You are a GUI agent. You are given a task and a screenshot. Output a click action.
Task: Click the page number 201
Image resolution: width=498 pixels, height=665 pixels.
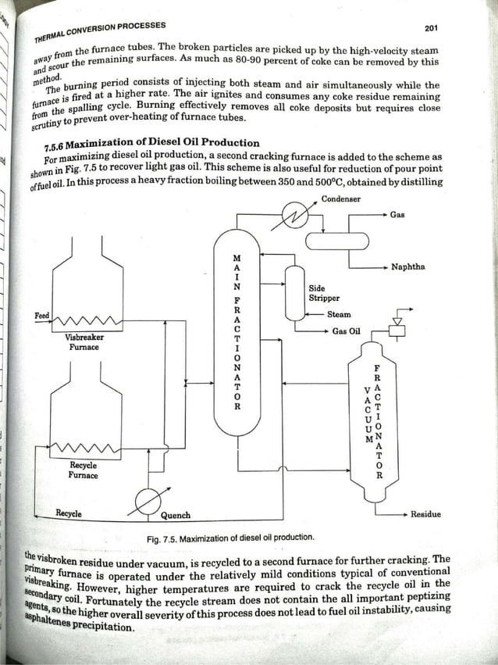431,28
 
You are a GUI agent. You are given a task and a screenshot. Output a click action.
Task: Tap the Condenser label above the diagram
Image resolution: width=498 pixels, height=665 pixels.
340,198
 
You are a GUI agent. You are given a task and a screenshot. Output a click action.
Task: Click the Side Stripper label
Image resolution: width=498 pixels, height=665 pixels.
323,292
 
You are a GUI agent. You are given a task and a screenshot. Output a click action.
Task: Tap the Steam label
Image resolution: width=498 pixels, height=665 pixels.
339,314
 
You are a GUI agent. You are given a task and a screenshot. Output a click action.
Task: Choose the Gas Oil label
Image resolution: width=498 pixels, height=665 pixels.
346,331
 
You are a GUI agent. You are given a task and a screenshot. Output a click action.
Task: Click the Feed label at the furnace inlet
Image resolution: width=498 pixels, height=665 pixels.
42,316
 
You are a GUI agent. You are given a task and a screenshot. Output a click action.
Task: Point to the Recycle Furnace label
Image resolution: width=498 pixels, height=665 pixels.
83,470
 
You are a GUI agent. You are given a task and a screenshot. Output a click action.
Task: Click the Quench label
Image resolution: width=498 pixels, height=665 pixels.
176,515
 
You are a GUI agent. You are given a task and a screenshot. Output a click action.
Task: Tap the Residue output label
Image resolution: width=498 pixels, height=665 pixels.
425,514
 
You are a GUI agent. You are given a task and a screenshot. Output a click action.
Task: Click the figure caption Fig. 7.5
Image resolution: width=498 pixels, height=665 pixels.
230,538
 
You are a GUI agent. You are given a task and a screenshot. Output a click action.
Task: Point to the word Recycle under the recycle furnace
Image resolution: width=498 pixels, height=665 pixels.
69,514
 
